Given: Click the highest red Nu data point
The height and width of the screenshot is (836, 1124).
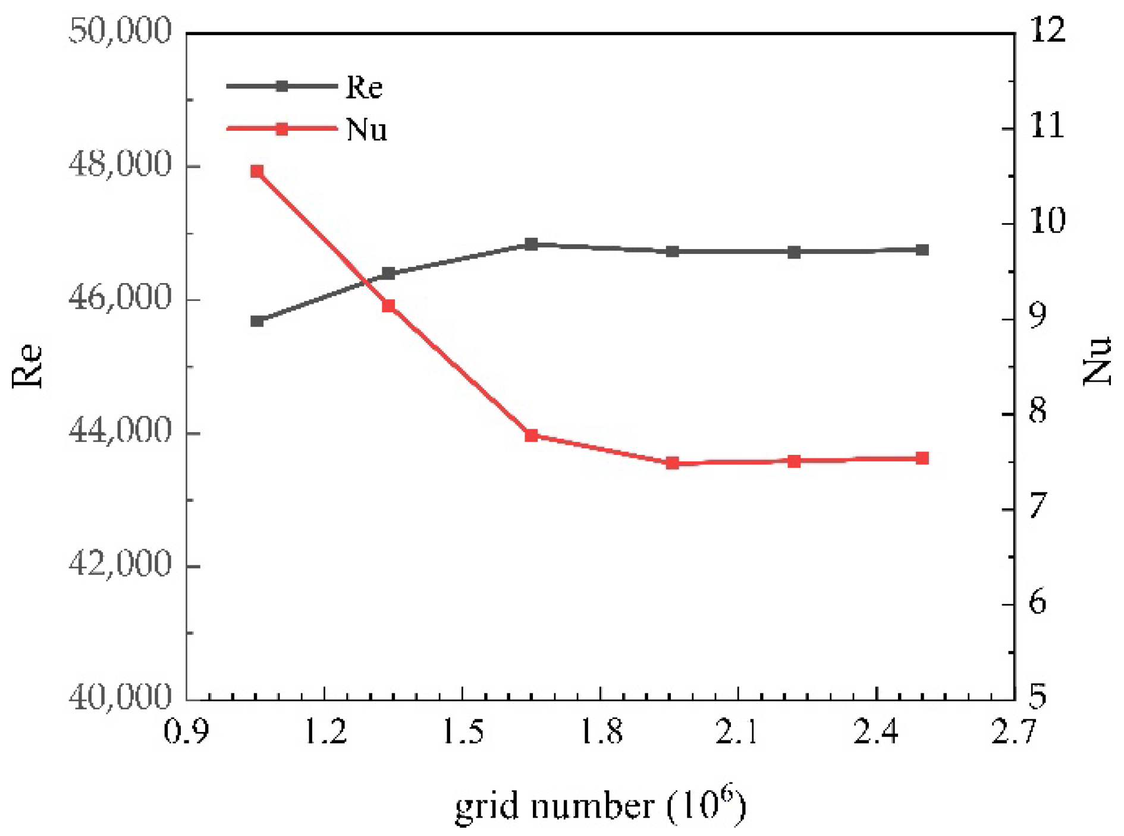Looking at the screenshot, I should [x=257, y=171].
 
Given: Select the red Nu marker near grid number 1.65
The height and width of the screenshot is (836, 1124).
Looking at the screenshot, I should [x=532, y=435].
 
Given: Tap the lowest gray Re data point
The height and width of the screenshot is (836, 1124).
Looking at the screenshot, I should [x=257, y=321].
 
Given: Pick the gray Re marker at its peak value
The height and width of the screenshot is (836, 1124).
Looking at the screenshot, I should [x=532, y=244].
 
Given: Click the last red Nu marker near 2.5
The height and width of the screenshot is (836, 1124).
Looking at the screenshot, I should [x=922, y=458].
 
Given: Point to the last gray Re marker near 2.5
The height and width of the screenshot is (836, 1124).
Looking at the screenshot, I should [x=922, y=250].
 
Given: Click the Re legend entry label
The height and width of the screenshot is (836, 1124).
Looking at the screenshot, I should [x=364, y=87].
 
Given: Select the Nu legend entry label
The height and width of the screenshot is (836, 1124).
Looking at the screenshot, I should [x=366, y=129].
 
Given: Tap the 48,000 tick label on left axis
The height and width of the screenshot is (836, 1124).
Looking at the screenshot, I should [x=120, y=164].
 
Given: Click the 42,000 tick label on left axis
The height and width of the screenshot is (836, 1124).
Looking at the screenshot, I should [x=120, y=562].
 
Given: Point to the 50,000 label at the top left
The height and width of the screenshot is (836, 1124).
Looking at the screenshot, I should [x=120, y=30].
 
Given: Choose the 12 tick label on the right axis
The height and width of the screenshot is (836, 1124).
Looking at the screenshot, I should [x=1048, y=30].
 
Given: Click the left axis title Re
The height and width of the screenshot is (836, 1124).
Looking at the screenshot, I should [x=27, y=366].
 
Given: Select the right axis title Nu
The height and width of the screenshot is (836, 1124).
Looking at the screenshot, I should [x=1097, y=360].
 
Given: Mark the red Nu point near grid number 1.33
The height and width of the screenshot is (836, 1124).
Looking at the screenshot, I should [x=389, y=306].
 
